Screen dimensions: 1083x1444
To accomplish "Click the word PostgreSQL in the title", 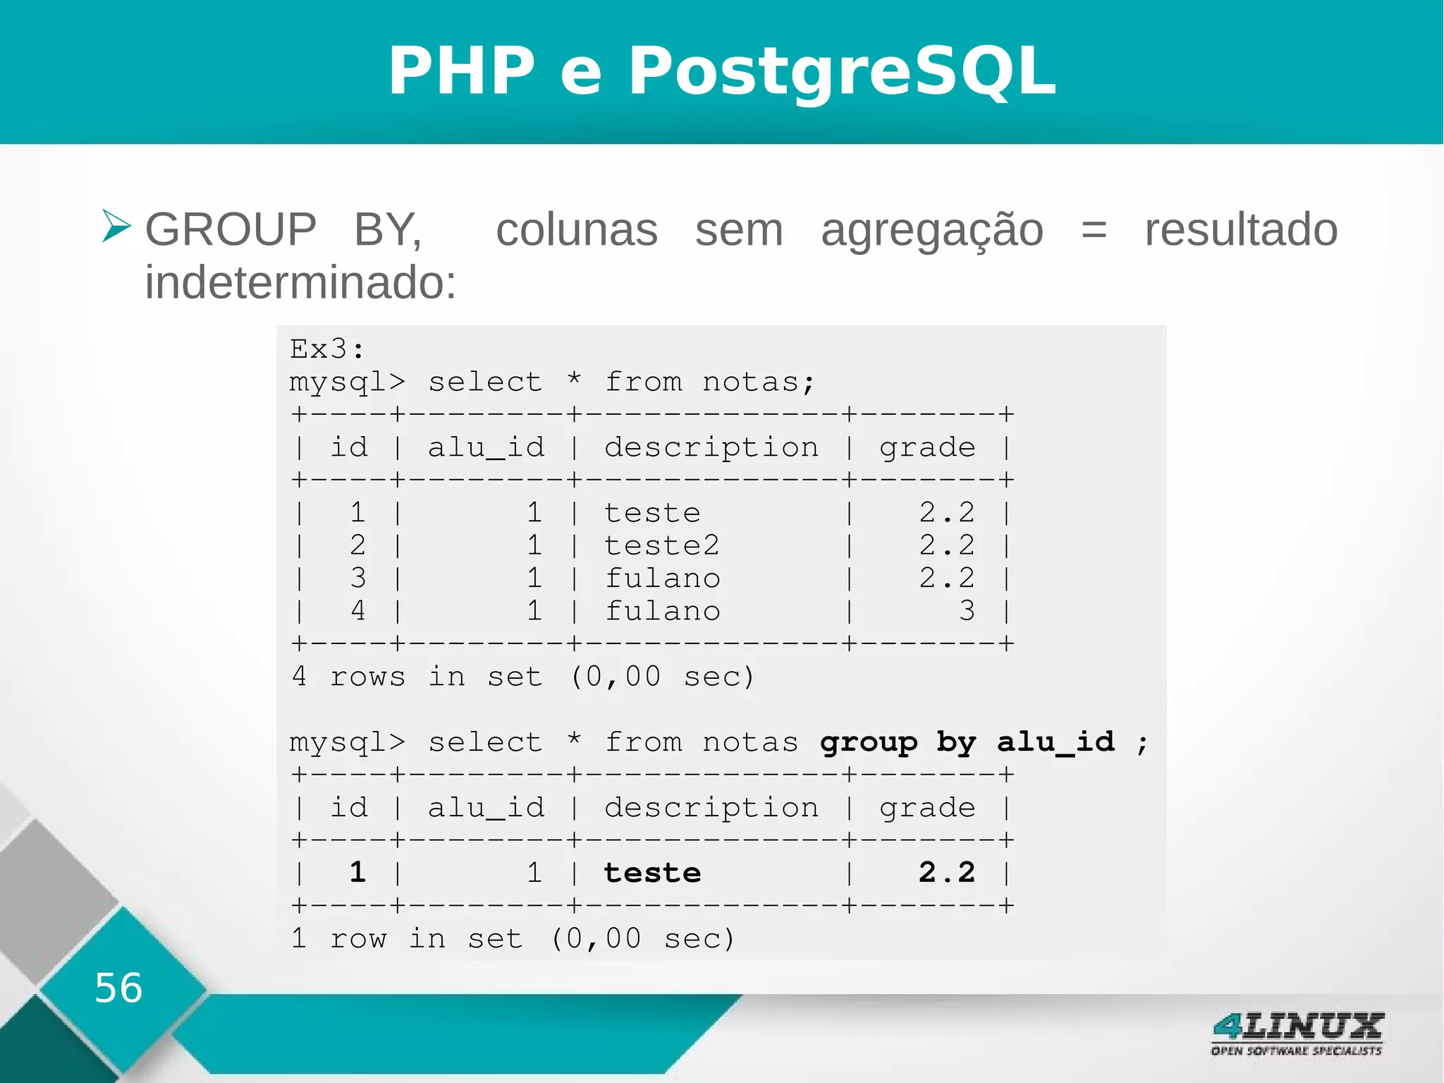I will point(842,71).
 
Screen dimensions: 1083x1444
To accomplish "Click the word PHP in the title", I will point(462,71).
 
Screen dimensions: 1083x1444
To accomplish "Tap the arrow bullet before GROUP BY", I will point(116,226).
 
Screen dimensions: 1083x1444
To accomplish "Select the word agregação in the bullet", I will point(931,231).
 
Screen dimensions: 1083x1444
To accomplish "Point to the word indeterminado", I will point(301,282).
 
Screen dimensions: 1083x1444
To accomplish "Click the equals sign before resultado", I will point(1094,231).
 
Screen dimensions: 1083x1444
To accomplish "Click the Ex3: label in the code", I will point(327,349).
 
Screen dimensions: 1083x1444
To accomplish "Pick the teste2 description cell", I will point(661,545).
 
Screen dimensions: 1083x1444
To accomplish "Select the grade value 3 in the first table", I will point(967,611).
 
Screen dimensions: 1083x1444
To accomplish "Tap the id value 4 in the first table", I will point(358,611).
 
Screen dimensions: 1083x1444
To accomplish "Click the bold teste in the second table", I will point(652,873).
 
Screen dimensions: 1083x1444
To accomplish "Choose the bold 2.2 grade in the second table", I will point(946,873).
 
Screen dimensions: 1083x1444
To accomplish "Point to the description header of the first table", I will point(711,448).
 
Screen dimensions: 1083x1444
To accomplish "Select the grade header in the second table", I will point(927,808).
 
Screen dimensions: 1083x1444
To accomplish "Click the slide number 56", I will point(118,988).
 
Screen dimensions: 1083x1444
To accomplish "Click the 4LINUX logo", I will point(1297,1033).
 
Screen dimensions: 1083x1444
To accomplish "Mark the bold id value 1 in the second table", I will point(358,873).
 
